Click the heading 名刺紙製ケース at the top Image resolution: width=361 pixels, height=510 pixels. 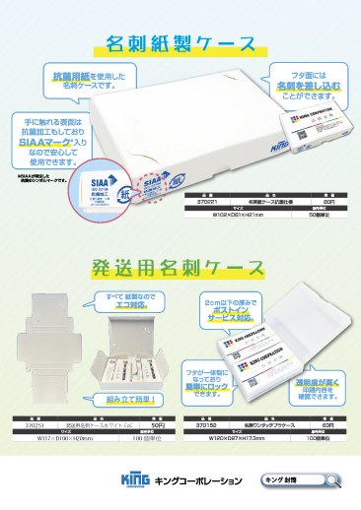tap(180, 43)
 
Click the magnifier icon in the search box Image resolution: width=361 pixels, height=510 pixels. tap(335, 478)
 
